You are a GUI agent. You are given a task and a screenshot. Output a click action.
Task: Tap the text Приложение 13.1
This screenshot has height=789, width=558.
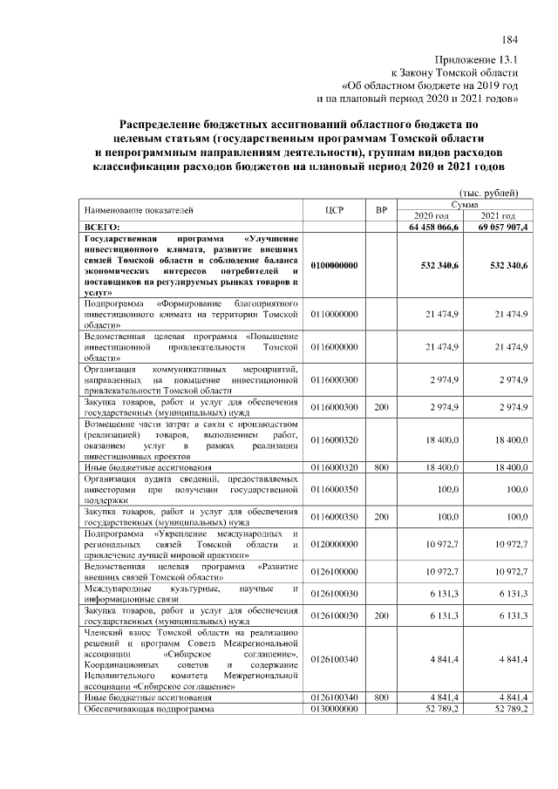(x=479, y=60)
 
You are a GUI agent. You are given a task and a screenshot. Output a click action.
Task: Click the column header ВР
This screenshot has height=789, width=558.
(x=380, y=210)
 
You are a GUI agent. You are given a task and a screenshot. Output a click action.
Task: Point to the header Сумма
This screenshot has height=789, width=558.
(x=464, y=203)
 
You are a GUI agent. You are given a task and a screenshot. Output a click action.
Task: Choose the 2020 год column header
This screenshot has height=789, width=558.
(x=431, y=215)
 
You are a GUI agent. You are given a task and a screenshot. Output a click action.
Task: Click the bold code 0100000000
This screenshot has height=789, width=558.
(x=334, y=265)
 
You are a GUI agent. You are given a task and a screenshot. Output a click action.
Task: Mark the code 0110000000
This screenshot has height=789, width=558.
(x=334, y=312)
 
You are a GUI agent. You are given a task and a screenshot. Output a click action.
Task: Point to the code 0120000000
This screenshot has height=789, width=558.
(x=334, y=545)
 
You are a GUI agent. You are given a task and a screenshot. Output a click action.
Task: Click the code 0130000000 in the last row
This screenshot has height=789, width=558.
(x=334, y=709)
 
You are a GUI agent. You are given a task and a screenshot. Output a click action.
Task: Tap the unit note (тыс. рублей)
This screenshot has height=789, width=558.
(x=488, y=192)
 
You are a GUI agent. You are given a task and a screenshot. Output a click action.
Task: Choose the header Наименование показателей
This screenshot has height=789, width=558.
(x=138, y=210)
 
